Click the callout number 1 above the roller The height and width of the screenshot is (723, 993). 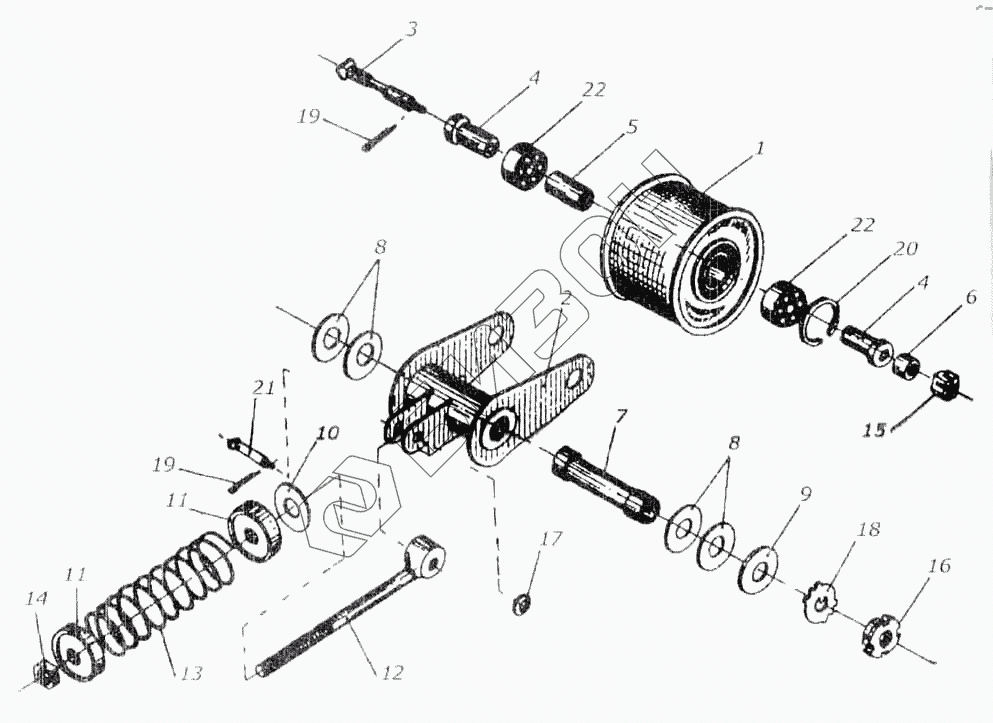tap(759, 149)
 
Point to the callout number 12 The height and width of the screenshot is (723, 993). tap(392, 673)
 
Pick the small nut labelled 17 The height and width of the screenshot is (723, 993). tap(519, 604)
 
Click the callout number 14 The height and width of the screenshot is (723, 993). tap(37, 598)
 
